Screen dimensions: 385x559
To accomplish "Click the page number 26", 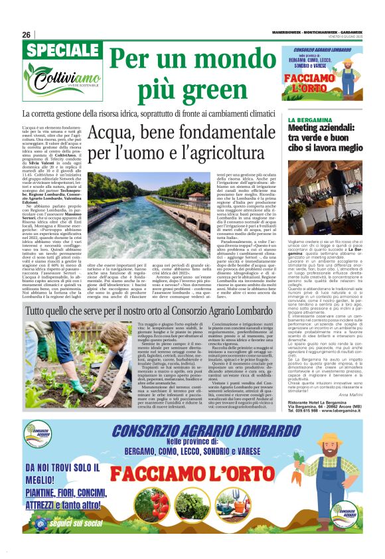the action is pos(26,35).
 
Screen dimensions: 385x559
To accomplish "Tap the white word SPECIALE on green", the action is pos(56,52).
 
